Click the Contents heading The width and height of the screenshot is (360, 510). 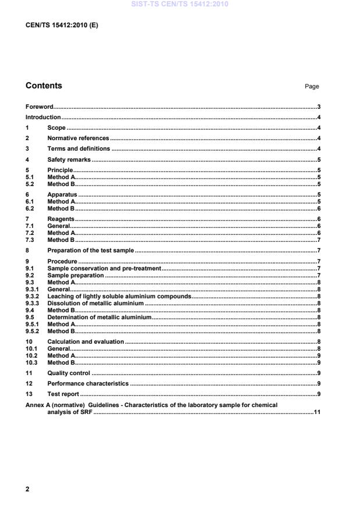(44, 86)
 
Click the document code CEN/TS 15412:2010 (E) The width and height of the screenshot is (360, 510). (58, 25)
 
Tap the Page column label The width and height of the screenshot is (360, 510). (312, 87)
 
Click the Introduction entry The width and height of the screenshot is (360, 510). (43, 117)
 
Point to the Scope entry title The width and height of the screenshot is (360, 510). (56, 128)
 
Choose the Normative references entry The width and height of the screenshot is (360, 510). (78, 138)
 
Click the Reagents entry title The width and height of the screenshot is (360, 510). (61, 219)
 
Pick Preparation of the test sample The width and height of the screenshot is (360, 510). (91, 251)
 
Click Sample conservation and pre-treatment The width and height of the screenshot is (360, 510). (104, 268)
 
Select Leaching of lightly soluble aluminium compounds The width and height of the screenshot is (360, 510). (119, 297)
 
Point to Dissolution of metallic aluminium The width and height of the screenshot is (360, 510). (95, 304)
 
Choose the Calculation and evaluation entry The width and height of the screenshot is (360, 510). (85, 342)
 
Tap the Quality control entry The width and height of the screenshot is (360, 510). (69, 373)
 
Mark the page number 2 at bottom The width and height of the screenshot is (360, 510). (27, 489)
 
